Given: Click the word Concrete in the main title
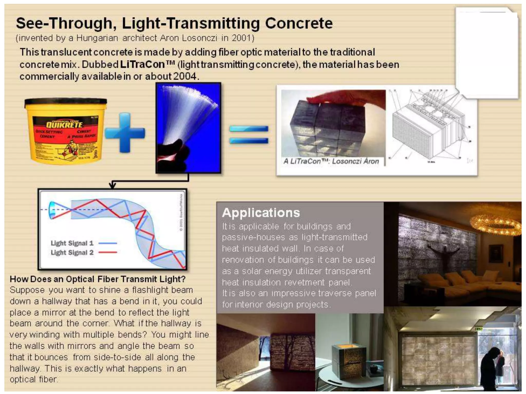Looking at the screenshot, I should [299, 23].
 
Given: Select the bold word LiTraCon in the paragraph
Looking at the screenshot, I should [142, 64].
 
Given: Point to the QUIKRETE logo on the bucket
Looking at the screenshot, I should [64, 125].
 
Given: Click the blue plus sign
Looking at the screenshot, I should [125, 133].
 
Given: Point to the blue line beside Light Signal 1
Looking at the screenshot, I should [108, 243].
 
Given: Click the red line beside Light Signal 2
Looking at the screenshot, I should [108, 252].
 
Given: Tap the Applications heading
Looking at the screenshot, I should [261, 213].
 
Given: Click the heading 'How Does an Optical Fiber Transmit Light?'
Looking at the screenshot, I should [98, 279].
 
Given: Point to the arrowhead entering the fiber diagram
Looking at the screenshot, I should [112, 185].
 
